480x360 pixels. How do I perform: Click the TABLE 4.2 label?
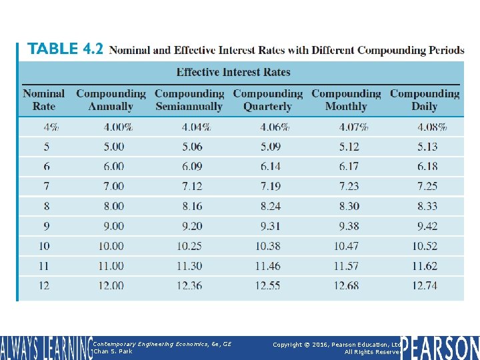pyautogui.click(x=65, y=50)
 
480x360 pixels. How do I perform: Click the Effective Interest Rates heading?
pyautogui.click(x=233, y=72)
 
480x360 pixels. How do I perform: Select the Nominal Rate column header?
pyautogui.click(x=44, y=100)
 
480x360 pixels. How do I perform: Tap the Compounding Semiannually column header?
pyautogui.click(x=189, y=100)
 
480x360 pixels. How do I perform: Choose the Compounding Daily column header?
pyautogui.click(x=425, y=100)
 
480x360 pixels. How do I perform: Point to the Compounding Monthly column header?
pyautogui.click(x=346, y=100)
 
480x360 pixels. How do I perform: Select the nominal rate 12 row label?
pyautogui.click(x=44, y=286)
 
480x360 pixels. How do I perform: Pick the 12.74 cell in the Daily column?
pyautogui.click(x=425, y=286)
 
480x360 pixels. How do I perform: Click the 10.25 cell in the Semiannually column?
pyautogui.click(x=189, y=246)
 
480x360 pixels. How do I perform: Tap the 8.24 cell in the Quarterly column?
pyautogui.click(x=268, y=206)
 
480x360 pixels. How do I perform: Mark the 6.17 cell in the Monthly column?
pyautogui.click(x=346, y=166)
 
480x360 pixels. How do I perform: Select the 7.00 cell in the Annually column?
pyautogui.click(x=111, y=186)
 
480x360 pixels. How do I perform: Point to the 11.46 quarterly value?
pyautogui.click(x=268, y=266)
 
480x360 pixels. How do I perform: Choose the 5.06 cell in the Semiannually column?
pyautogui.click(x=189, y=146)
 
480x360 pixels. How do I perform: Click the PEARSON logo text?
pyautogui.click(x=440, y=347)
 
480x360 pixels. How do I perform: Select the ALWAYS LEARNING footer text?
pyautogui.click(x=45, y=348)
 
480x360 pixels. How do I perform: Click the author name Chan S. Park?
pyautogui.click(x=113, y=351)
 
